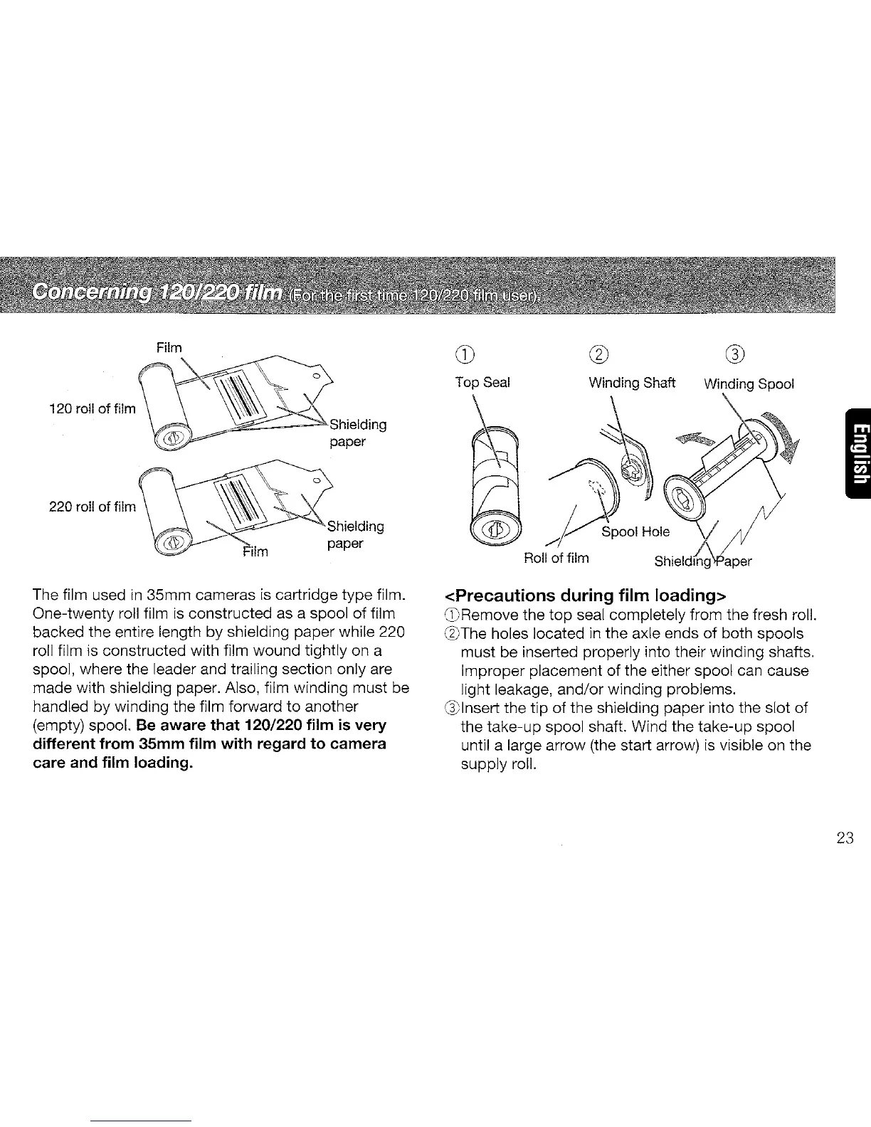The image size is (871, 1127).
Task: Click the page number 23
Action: pyautogui.click(x=845, y=838)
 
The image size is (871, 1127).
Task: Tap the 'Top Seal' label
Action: pyautogui.click(x=482, y=383)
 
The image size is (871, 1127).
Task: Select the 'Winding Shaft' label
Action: pyautogui.click(x=632, y=383)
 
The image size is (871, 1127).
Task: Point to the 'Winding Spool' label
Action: pyautogui.click(x=749, y=384)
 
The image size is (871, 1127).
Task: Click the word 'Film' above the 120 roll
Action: pyautogui.click(x=169, y=348)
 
